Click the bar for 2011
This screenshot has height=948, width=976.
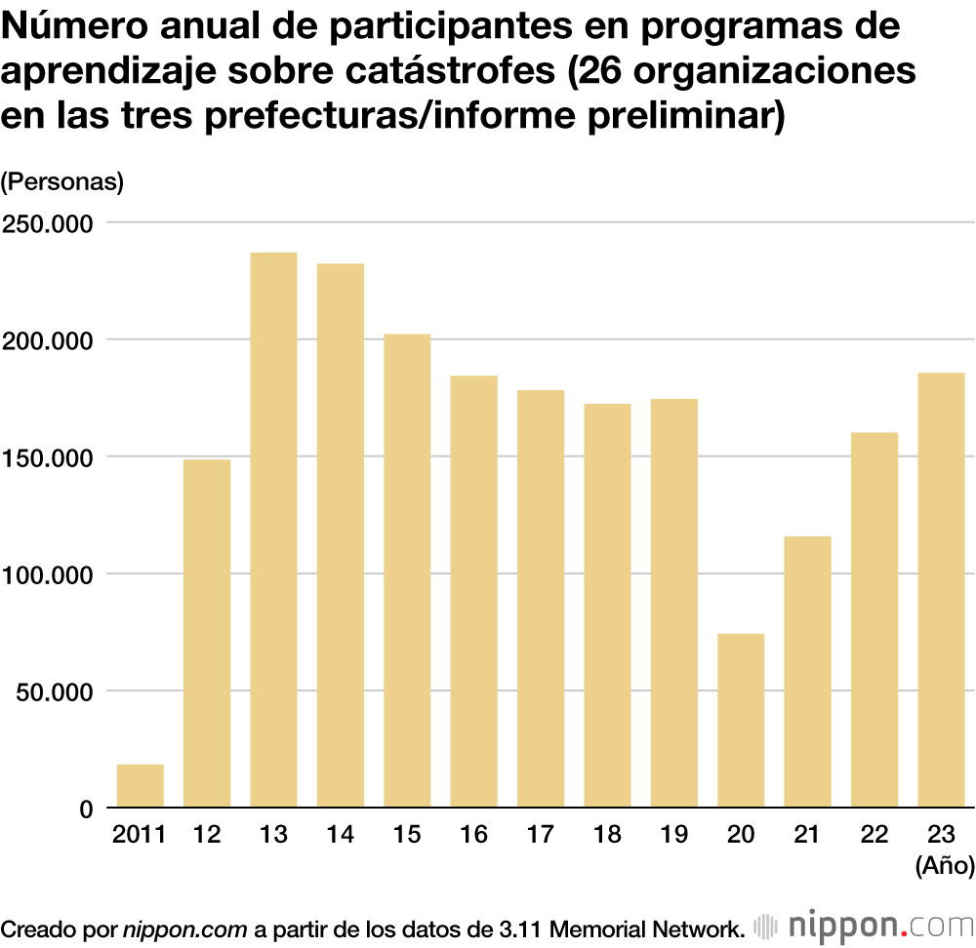(141, 786)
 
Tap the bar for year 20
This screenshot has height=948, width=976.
(741, 721)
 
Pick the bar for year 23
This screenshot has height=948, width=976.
(941, 590)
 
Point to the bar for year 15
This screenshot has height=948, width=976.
(407, 571)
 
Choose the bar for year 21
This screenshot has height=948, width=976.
(807, 672)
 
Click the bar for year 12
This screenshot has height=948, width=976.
(207, 633)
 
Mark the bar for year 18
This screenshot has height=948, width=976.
(607, 606)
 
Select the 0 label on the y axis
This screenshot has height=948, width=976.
(86, 809)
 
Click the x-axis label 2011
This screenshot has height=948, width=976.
(140, 835)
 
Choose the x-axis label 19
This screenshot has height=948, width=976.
(673, 835)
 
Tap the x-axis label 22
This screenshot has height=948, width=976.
(874, 835)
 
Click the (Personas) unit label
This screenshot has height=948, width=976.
(62, 181)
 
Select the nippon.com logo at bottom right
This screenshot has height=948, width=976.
(865, 925)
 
